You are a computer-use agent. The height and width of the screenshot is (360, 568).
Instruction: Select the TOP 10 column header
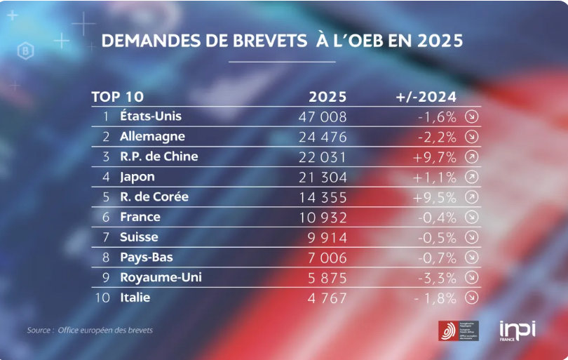point(117,97)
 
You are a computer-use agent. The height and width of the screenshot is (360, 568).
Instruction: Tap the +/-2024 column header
point(426,97)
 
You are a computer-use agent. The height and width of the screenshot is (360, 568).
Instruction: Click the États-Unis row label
point(151,116)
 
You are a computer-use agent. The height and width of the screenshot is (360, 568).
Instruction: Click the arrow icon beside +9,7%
point(472,157)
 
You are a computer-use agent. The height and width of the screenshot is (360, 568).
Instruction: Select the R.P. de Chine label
point(159,156)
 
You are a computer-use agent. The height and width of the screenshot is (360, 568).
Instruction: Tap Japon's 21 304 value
point(323,178)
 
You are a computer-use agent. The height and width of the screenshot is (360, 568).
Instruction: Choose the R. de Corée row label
point(154,197)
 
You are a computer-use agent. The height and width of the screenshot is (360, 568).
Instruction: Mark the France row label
point(140,217)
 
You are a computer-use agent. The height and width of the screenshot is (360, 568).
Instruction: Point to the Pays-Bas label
point(147,258)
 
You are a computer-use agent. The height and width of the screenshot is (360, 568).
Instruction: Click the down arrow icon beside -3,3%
point(472,278)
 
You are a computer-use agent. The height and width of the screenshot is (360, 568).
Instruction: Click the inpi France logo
point(518,330)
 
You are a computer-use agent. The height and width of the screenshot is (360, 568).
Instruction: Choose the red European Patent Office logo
point(450,331)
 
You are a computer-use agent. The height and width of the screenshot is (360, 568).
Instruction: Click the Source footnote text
point(90,330)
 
